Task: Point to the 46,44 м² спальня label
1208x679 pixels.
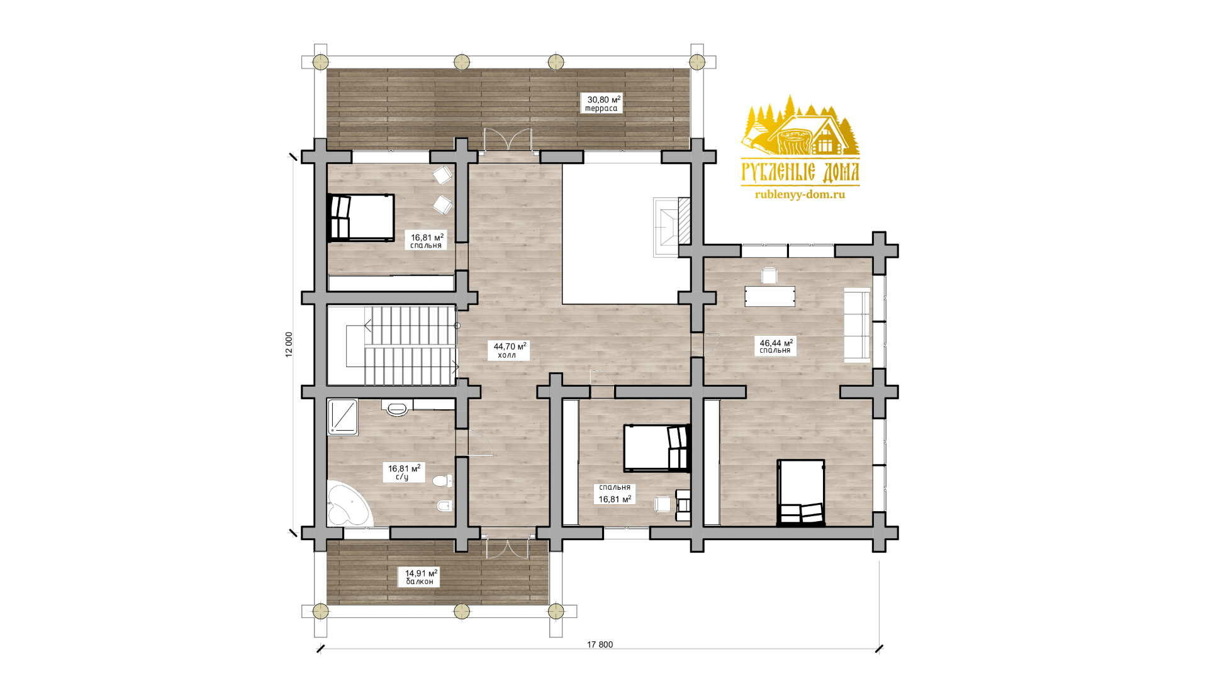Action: pyautogui.click(x=776, y=346)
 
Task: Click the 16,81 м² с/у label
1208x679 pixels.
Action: pyautogui.click(x=404, y=472)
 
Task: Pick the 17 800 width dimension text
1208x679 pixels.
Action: pyautogui.click(x=600, y=644)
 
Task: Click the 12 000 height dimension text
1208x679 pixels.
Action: pyautogui.click(x=289, y=345)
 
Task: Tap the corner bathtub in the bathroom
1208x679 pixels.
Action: pyautogui.click(x=349, y=504)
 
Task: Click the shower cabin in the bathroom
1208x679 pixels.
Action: pyautogui.click(x=343, y=417)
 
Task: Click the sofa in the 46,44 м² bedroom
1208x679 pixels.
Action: pyautogui.click(x=857, y=324)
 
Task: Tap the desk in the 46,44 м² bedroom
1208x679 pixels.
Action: pyautogui.click(x=769, y=296)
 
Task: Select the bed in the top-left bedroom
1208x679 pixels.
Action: pyautogui.click(x=361, y=217)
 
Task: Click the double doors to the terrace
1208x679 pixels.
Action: pyautogui.click(x=508, y=140)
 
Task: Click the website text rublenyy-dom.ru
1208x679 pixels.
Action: pyautogui.click(x=800, y=195)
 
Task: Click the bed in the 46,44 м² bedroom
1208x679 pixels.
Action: pyautogui.click(x=801, y=492)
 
